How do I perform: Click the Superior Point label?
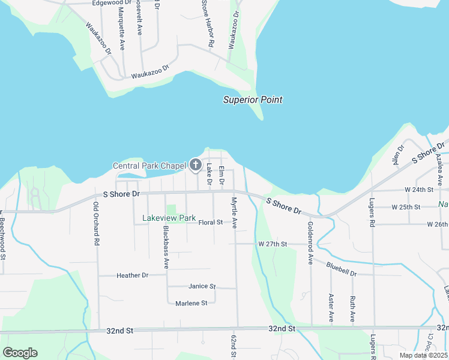[x=253, y=100]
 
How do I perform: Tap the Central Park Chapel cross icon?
[x=195, y=164]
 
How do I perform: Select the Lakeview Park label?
[x=169, y=218]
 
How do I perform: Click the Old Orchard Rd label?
[x=95, y=223]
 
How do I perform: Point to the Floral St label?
[x=211, y=223]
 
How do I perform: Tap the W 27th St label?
[x=273, y=244]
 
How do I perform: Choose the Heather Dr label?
[x=132, y=275]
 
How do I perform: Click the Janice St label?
[x=202, y=287]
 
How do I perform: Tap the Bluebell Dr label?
[x=341, y=268]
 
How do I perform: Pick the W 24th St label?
[x=419, y=190]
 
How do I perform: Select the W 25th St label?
[x=406, y=207]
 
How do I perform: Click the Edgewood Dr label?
[x=112, y=3]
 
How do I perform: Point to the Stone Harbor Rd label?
[x=207, y=24]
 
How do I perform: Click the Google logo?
[x=20, y=353]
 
